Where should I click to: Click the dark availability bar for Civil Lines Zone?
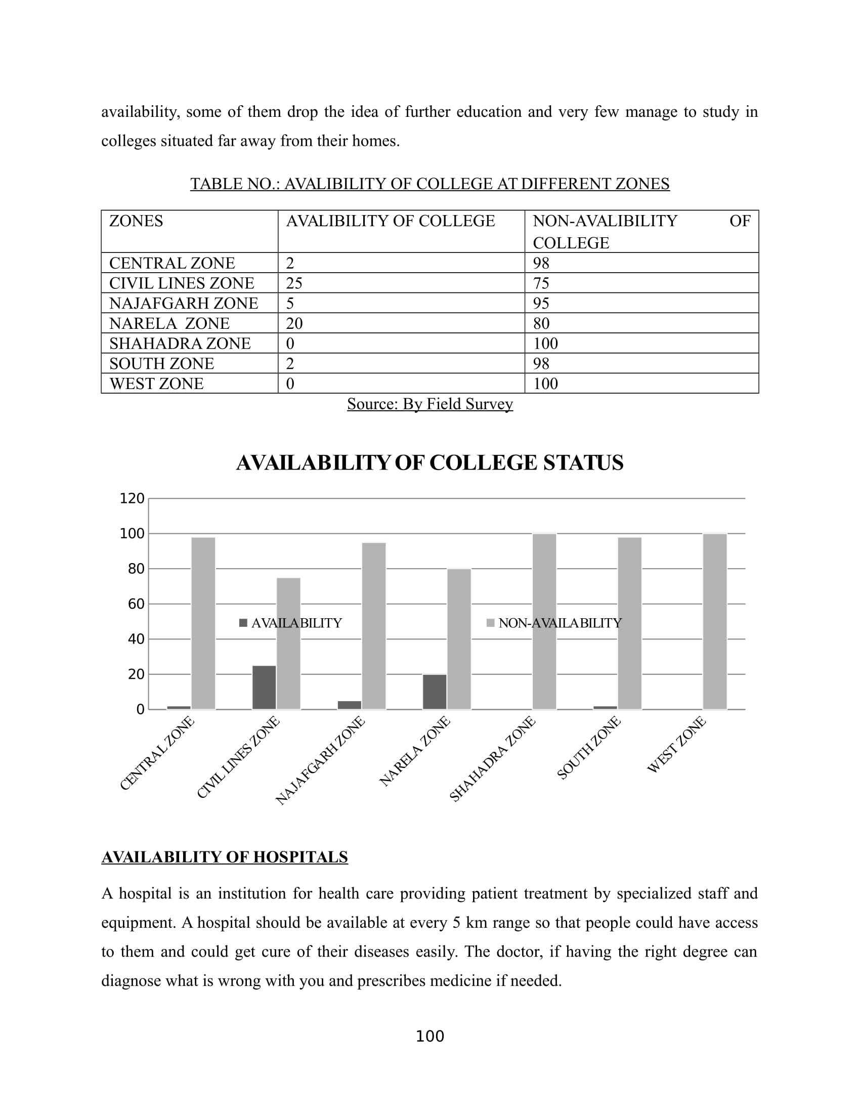[264, 687]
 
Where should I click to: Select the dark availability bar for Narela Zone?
[435, 692]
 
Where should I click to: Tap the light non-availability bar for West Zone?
[715, 621]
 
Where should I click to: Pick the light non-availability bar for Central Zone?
[203, 623]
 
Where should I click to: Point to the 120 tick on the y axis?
[132, 498]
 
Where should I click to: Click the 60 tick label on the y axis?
[136, 604]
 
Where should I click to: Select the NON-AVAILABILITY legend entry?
[560, 623]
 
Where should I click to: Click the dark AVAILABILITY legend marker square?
[243, 623]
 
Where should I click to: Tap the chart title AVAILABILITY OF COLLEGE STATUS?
[429, 463]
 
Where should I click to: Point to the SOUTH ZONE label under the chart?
[588, 748]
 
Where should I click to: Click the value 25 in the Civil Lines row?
[294, 283]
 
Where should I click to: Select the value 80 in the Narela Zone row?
[541, 323]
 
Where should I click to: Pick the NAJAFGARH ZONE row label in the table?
[184, 303]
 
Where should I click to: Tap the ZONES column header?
[136, 221]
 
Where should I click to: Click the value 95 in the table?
[541, 303]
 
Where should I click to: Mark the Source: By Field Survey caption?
[429, 404]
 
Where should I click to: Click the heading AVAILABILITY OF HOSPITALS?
[225, 857]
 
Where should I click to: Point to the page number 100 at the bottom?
[429, 1036]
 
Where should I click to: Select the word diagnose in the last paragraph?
[131, 980]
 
